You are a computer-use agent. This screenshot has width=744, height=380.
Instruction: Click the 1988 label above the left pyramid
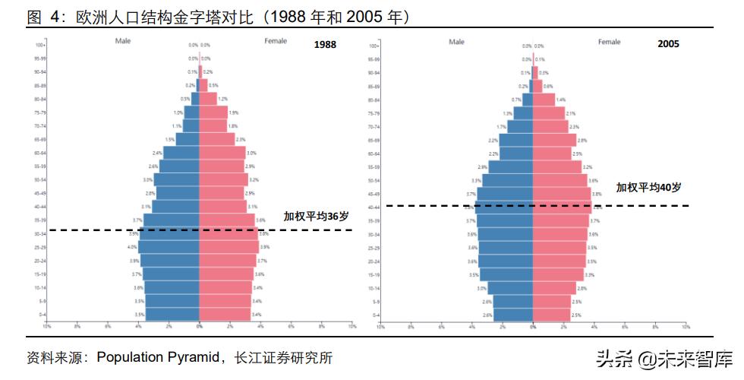coord(325,45)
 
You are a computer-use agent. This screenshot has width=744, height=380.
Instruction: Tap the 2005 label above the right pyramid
coord(668,45)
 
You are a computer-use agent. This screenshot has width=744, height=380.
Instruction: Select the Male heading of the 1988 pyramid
coord(124,41)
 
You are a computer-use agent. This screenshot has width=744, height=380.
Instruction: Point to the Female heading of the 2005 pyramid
coord(609,42)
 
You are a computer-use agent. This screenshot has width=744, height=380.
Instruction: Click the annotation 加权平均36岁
coord(317,217)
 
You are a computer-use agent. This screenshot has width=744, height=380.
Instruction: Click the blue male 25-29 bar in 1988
coord(169,247)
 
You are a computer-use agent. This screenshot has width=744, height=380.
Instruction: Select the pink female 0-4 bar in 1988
coord(225,314)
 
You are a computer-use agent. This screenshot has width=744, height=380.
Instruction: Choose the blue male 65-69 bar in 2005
coord(516,141)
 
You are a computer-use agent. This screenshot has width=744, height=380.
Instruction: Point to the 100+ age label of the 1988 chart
coord(42,46)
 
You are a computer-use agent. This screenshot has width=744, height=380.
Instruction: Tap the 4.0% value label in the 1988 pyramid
coord(132,247)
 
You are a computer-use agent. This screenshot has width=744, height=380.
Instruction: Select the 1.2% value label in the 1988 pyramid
coord(222,99)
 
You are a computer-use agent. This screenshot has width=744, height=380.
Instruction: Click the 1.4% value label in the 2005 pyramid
coord(560,100)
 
